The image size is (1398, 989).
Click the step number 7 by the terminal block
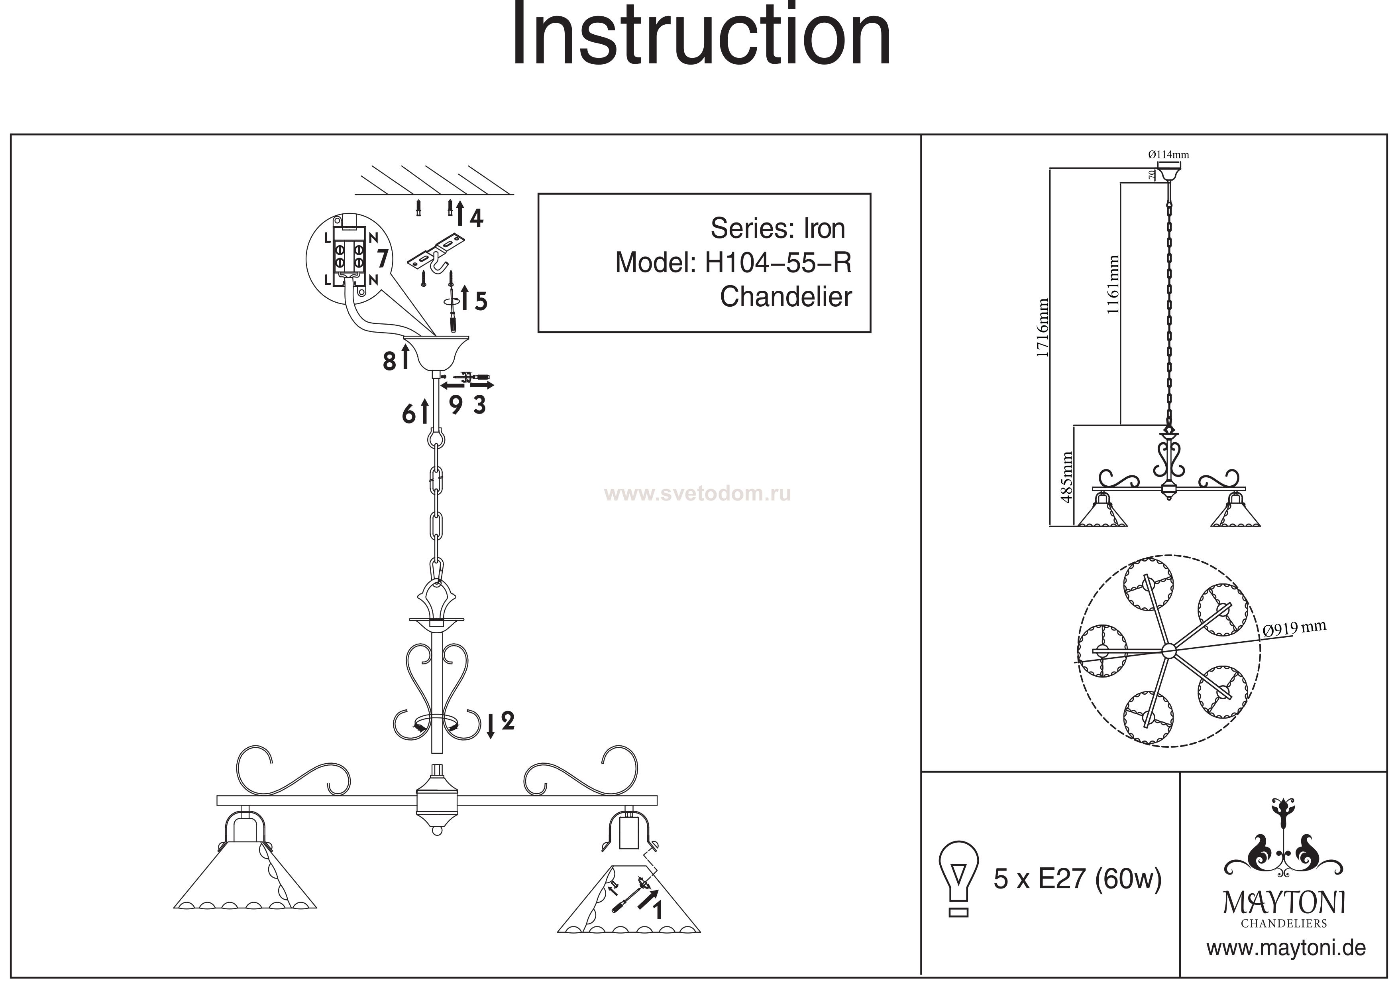point(382,258)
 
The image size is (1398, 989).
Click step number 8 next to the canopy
point(389,361)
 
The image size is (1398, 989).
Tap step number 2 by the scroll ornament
point(507,721)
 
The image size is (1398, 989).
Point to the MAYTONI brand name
point(1284,903)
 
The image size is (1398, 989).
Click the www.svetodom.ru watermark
point(698,494)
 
